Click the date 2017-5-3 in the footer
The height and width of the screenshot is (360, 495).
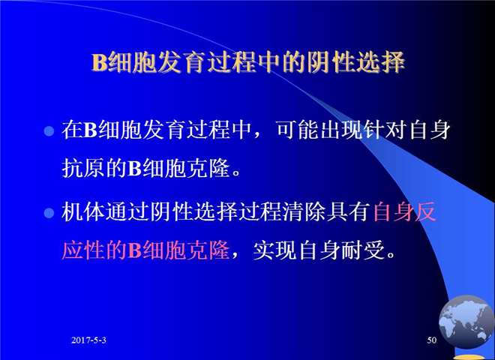pos(88,340)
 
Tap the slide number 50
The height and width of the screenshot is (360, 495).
pos(432,340)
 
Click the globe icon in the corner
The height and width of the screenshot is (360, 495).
pos(466,322)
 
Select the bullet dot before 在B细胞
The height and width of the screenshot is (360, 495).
pos(49,130)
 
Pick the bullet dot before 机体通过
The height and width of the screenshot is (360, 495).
pos(49,213)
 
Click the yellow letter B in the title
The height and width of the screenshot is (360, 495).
pos(100,62)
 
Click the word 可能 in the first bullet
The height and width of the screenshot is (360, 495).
pos(298,130)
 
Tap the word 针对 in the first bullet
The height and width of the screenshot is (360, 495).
pos(385,130)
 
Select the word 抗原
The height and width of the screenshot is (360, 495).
pos(84,169)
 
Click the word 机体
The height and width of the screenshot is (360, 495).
pos(84,212)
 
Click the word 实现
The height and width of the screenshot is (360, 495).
pos(275,250)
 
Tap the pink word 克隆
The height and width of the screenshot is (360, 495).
pos(208,250)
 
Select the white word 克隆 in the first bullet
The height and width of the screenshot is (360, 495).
pos(208,169)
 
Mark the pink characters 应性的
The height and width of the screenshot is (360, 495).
pos(94,250)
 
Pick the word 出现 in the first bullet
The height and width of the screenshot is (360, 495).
pos(341,130)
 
